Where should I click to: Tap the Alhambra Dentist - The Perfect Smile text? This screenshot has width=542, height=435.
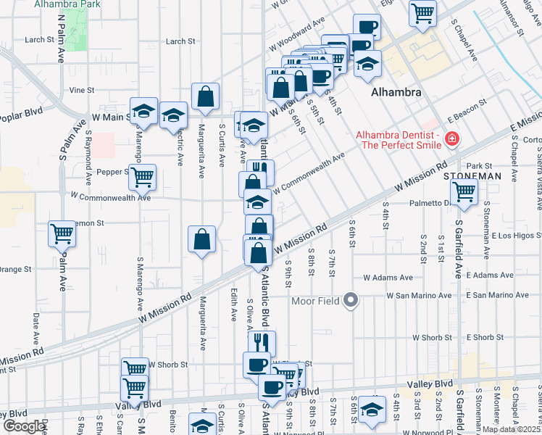pyautogui.click(x=398, y=140)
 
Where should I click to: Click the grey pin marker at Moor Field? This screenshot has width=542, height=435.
pyautogui.click(x=351, y=299)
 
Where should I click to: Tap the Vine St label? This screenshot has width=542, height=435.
pyautogui.click(x=82, y=91)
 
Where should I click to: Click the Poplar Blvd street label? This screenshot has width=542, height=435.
pyautogui.click(x=22, y=113)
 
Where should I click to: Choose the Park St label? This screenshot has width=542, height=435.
pyautogui.click(x=479, y=166)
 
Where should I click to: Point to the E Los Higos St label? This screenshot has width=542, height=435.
pyautogui.click(x=517, y=236)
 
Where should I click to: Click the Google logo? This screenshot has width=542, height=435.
pyautogui.click(x=24, y=426)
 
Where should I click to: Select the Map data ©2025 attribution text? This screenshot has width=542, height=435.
pyautogui.click(x=510, y=429)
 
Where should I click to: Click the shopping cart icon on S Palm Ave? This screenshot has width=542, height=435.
pyautogui.click(x=63, y=233)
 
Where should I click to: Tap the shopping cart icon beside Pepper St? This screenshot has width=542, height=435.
pyautogui.click(x=143, y=175)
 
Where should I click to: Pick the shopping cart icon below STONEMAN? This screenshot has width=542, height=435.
pyautogui.click(x=464, y=192)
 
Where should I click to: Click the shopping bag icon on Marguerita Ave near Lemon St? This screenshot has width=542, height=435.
pyautogui.click(x=202, y=239)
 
